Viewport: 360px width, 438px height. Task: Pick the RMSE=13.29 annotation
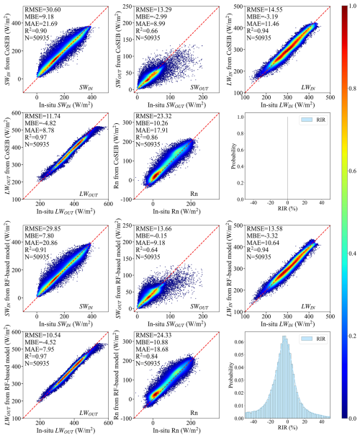(x=154, y=6)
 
